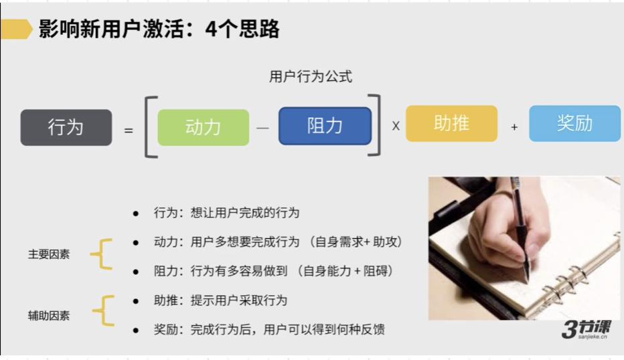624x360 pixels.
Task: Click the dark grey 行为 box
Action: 66,127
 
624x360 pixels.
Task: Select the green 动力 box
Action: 203,127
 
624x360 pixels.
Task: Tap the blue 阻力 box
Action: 325,126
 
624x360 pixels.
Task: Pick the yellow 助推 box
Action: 451,123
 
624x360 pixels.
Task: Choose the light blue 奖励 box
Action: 574,123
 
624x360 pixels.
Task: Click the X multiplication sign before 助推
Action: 396,126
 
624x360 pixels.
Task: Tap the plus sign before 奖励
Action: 514,126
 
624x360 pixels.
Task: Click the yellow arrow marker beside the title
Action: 17,29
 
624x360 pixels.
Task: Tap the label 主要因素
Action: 48,255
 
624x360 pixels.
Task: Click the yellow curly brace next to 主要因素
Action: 101,255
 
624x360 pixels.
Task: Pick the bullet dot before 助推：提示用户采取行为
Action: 136,301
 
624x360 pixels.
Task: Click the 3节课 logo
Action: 584,330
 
